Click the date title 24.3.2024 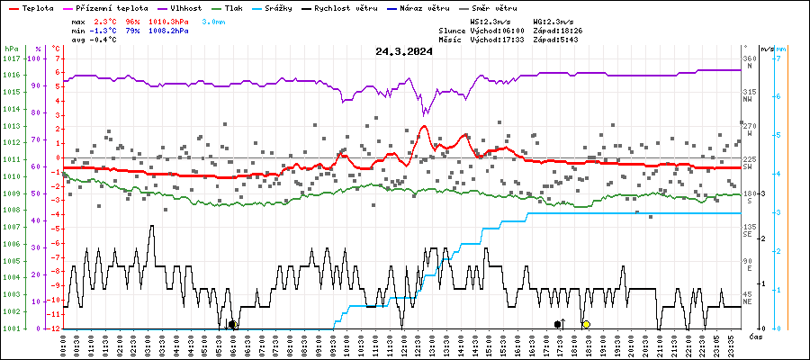click(x=404, y=51)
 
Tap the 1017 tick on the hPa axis click(x=12, y=58)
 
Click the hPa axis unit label click(x=11, y=49)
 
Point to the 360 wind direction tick click(x=749, y=58)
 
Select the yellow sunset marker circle click(x=586, y=324)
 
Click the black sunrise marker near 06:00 click(x=232, y=324)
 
